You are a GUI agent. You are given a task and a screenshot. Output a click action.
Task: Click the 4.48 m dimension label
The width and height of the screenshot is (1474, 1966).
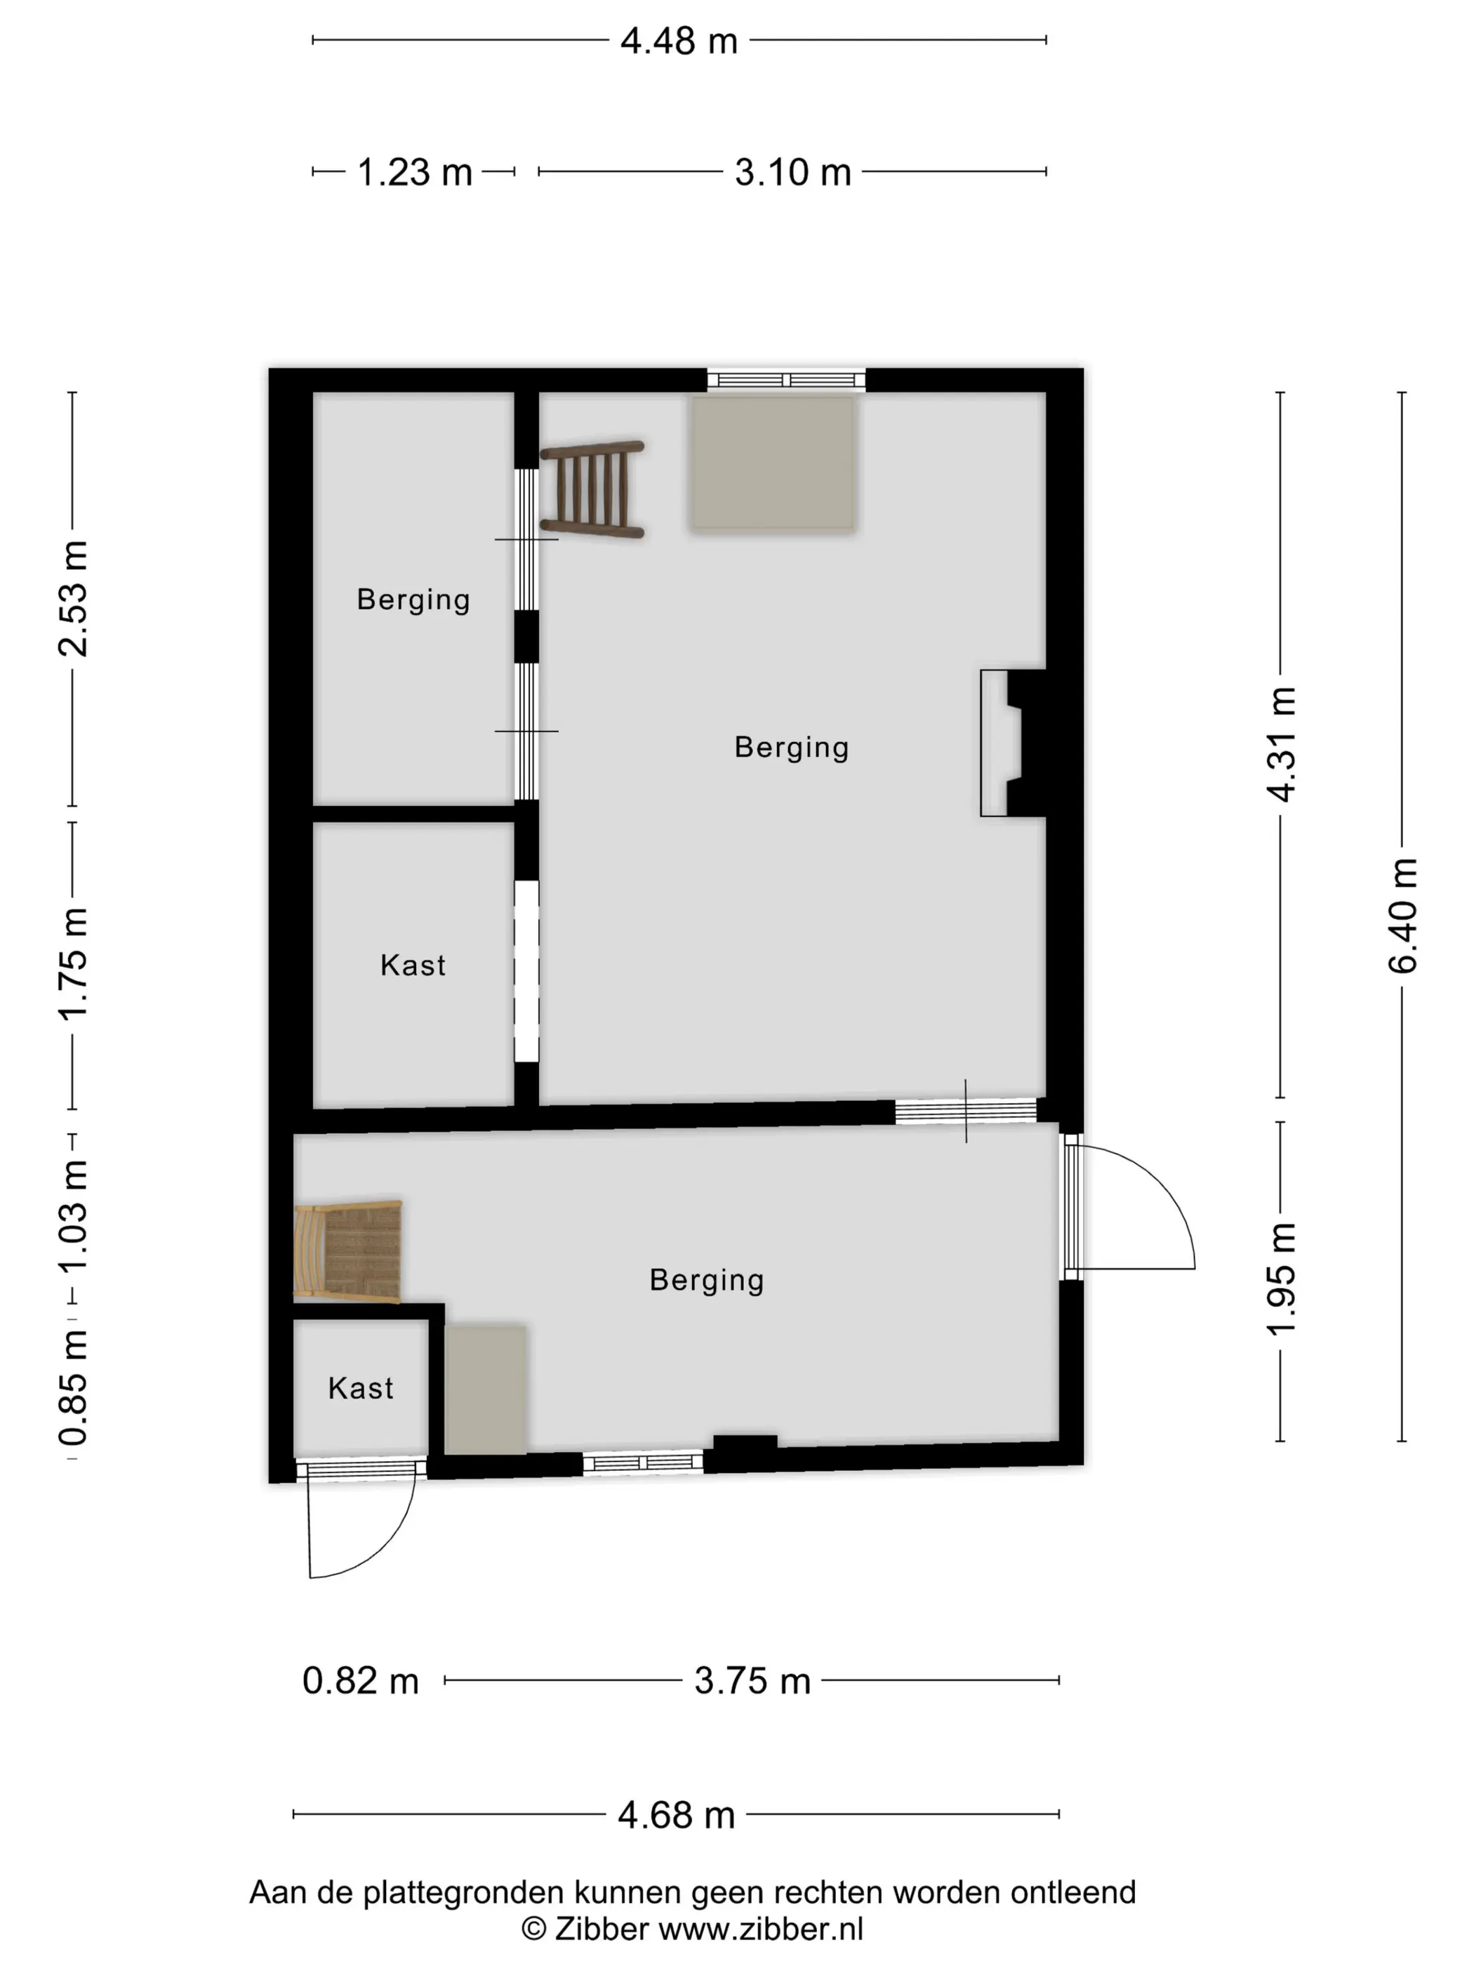[679, 41]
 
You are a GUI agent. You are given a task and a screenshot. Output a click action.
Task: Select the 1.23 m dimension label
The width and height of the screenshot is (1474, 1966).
[414, 173]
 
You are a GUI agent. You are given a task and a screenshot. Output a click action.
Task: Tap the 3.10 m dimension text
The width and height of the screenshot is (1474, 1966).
[792, 173]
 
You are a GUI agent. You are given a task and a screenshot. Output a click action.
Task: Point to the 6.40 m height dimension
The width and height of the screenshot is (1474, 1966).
[1403, 916]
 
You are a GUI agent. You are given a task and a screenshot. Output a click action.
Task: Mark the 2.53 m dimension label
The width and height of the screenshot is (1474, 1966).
[73, 598]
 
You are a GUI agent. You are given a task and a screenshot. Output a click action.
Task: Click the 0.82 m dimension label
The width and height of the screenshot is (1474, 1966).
[360, 1682]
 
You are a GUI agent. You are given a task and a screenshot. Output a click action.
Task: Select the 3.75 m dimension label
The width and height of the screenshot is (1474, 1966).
[752, 1682]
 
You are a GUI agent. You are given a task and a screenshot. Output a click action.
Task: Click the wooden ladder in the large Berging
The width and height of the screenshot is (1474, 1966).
[592, 489]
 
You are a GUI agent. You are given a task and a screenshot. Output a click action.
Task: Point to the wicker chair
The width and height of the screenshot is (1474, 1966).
[347, 1253]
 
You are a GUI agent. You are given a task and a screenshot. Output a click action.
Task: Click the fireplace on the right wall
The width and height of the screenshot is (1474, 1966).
[1013, 743]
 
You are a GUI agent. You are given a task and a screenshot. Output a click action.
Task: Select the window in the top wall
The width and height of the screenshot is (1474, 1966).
[786, 381]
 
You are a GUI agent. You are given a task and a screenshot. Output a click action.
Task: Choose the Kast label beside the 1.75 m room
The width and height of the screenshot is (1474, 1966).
[413, 965]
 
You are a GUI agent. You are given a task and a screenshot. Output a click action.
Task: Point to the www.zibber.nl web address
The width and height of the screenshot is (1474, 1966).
[761, 1929]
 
